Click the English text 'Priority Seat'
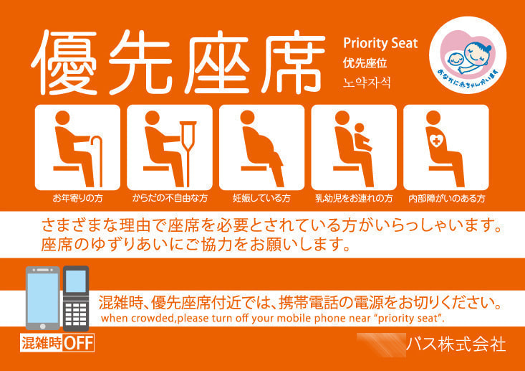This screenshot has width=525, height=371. point(380,43)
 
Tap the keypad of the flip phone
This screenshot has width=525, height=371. point(75,313)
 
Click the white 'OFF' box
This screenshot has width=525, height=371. point(79,343)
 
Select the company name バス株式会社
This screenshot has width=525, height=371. point(456,344)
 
